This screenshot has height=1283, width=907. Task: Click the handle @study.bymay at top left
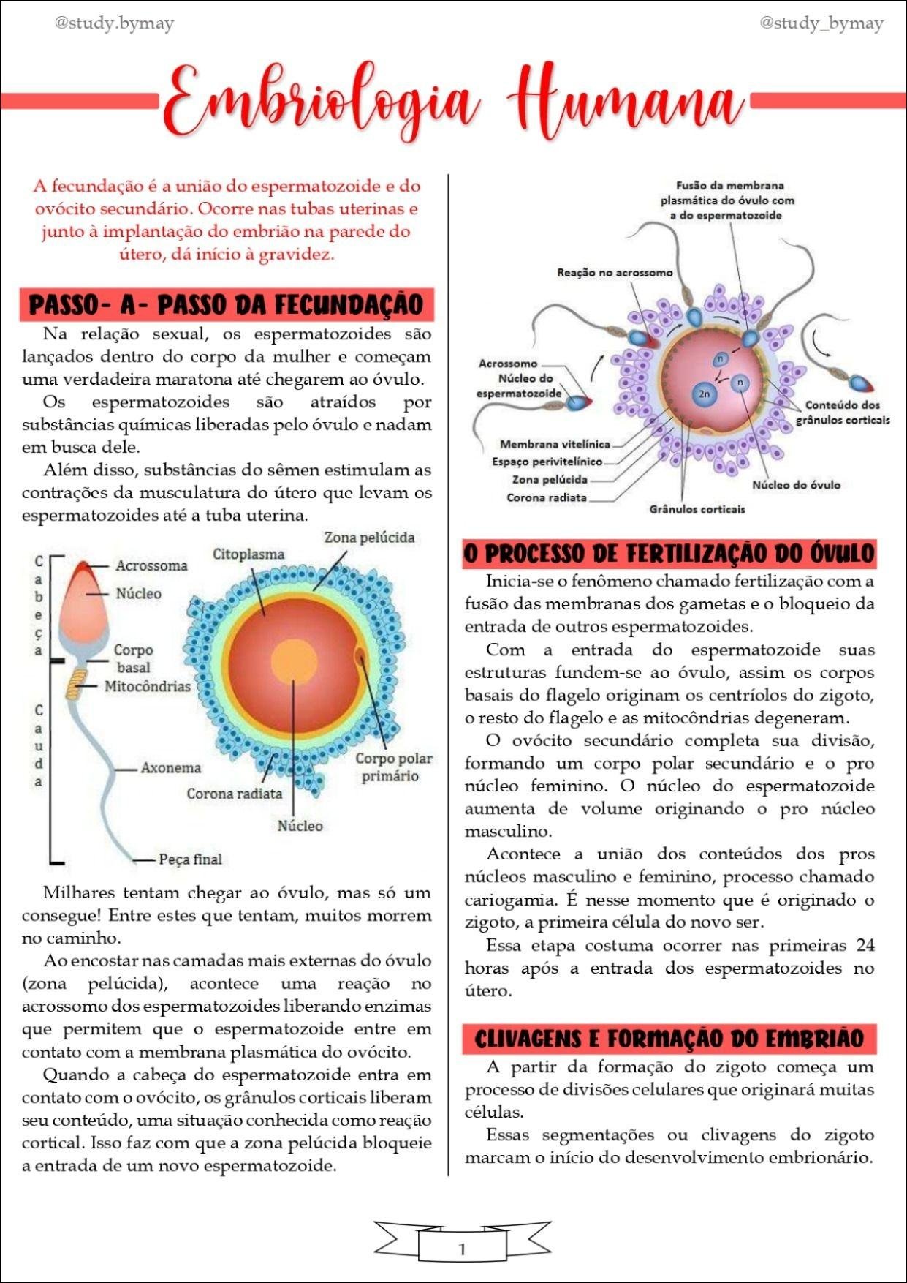pos(114,23)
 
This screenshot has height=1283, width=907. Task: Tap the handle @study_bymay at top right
pos(821,23)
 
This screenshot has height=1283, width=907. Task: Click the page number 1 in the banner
pos(461,1249)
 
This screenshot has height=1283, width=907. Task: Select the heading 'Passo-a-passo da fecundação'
pos(227,305)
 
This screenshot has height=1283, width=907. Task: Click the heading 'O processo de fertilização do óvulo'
pos(669,553)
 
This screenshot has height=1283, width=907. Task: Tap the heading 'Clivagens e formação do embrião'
pos(669,1039)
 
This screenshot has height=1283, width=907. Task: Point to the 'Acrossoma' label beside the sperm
pos(151,565)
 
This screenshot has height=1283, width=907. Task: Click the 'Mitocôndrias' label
pos(147,686)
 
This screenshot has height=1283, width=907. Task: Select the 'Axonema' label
pos(170,768)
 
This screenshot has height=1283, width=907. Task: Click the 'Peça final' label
pos(190,859)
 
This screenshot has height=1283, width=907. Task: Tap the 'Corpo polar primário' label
pos(393,767)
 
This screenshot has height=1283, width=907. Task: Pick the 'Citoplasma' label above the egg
pos(248,554)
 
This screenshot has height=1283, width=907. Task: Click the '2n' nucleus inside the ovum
pos(705,394)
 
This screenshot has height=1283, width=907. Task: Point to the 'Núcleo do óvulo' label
pos(796,485)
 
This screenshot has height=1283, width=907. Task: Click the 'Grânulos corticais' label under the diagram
pos(697,509)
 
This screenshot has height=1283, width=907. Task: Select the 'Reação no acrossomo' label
pos(615,273)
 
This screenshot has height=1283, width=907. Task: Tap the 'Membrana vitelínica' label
pos(555,444)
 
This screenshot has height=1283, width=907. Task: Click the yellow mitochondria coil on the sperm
pos(75,685)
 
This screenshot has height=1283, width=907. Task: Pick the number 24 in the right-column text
pos(865,946)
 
